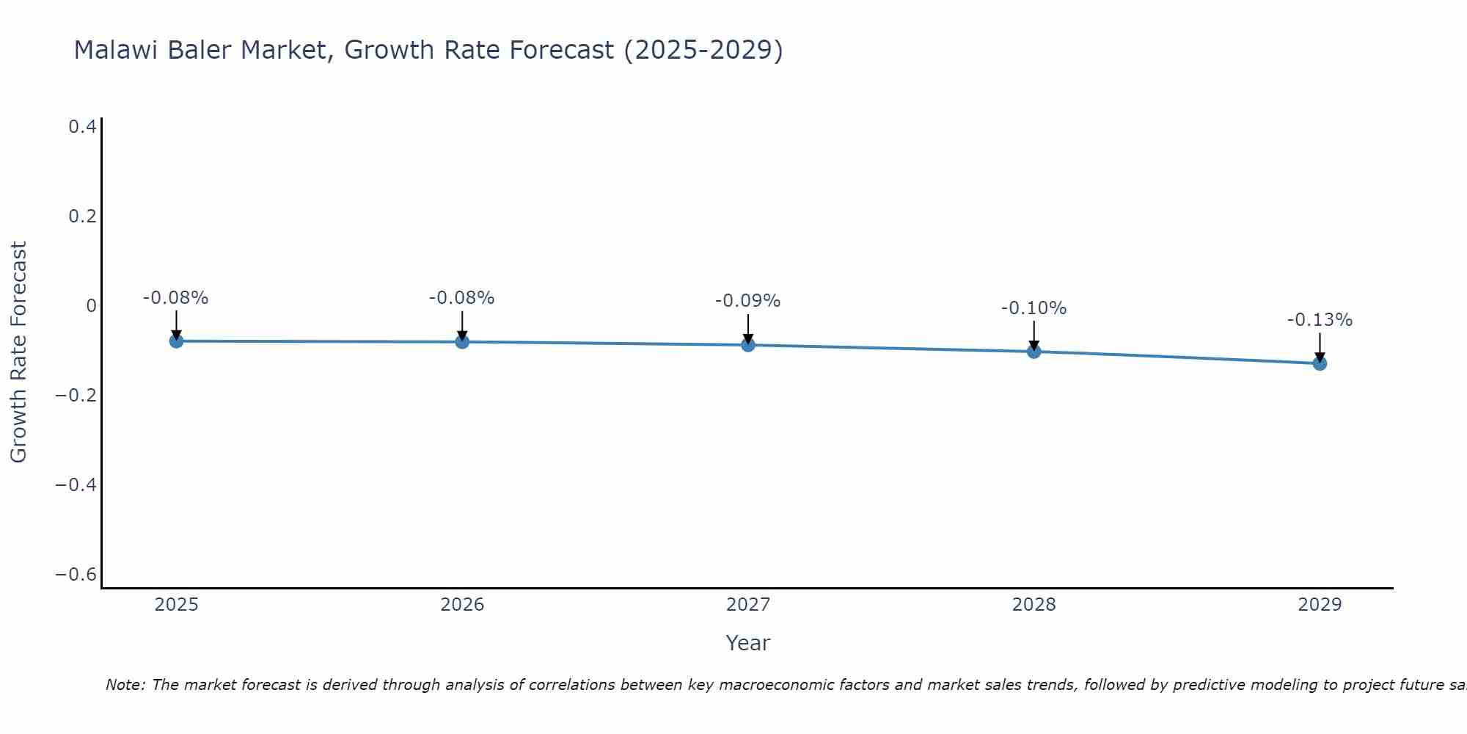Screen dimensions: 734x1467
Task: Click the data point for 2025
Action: (176, 341)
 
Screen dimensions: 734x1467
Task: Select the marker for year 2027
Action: (748, 345)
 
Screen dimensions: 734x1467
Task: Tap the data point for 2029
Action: (1320, 363)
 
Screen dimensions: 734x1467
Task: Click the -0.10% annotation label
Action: (1034, 308)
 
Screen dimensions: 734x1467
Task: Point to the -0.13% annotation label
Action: (1320, 320)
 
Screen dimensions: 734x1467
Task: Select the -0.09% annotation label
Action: (747, 301)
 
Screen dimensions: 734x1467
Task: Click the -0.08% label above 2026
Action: (461, 298)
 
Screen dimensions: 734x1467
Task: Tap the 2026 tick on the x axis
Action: (462, 605)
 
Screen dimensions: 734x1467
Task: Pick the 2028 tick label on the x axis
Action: (1034, 605)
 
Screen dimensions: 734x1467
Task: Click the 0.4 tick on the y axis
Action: (82, 127)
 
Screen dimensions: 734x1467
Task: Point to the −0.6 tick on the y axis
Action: (76, 574)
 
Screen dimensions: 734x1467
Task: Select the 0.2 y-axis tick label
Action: (82, 217)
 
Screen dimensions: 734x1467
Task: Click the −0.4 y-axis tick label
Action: (76, 484)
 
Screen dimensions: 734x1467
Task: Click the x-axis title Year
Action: (747, 643)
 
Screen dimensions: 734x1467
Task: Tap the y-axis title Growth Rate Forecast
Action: (18, 352)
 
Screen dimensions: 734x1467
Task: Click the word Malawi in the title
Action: (117, 50)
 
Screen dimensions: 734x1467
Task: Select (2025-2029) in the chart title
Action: (703, 50)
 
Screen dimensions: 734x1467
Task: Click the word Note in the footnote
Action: (125, 685)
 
